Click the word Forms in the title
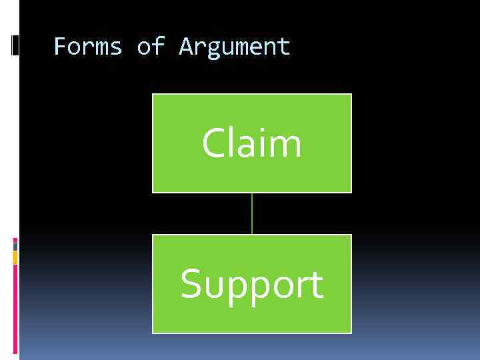[x=87, y=47]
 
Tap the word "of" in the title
[x=151, y=47]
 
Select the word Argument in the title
[x=235, y=47]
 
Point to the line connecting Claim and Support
[x=252, y=213]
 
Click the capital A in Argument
[x=186, y=47]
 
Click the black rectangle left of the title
[x=15, y=45]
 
